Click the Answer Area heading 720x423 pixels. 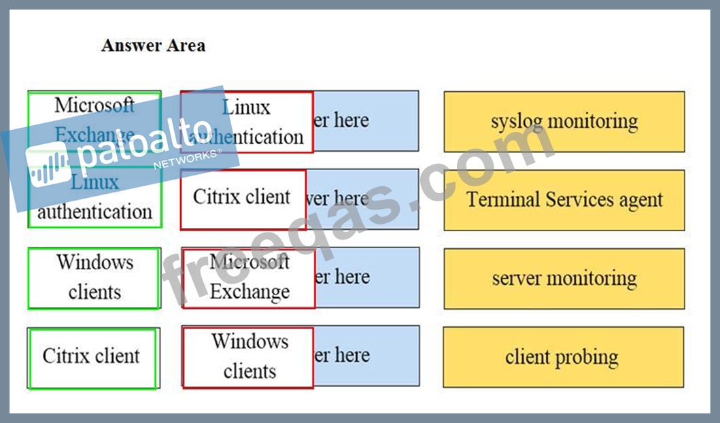click(x=153, y=46)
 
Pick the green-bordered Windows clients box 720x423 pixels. click(x=95, y=277)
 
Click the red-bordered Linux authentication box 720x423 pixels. click(x=247, y=122)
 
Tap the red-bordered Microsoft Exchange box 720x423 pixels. click(x=249, y=278)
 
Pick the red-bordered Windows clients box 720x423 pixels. click(x=248, y=357)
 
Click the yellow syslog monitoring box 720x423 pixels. click(x=564, y=122)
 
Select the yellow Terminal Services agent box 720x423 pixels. click(x=564, y=200)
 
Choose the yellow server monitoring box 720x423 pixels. click(x=564, y=279)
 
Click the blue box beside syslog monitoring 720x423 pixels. click(x=366, y=121)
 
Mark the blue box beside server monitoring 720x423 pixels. click(x=367, y=277)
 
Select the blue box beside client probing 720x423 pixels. click(x=367, y=356)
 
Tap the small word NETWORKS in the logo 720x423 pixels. click(x=188, y=160)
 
